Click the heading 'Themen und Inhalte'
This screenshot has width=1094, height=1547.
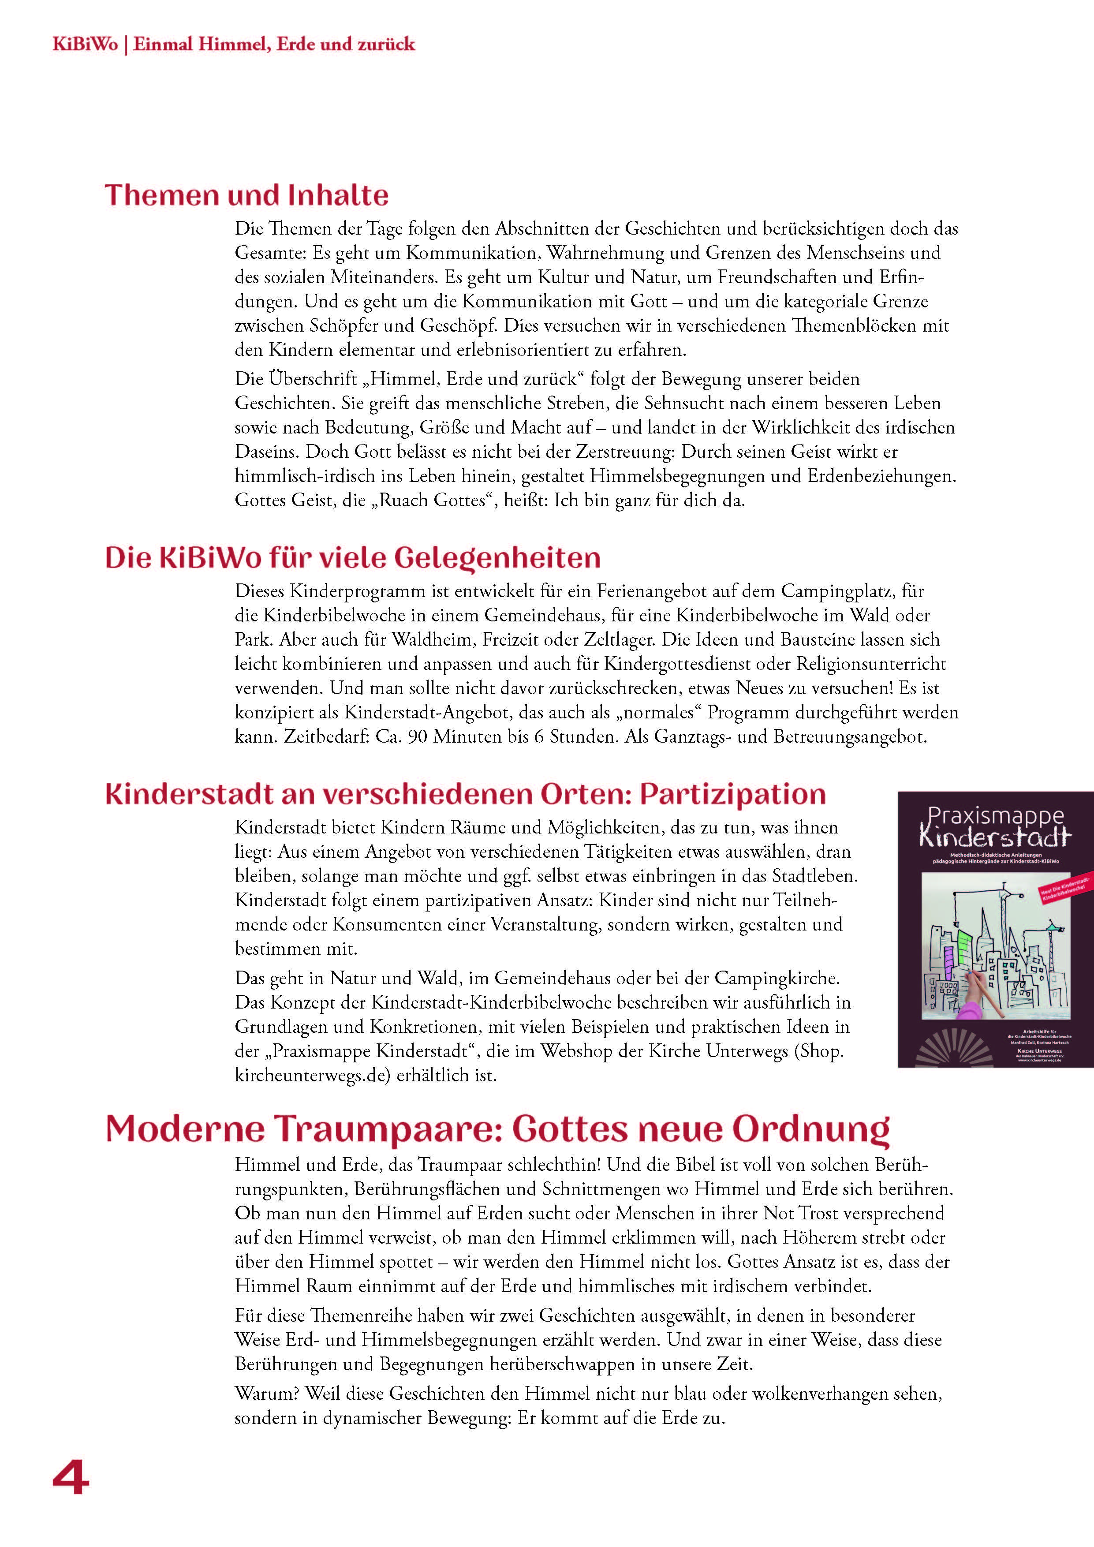click(246, 195)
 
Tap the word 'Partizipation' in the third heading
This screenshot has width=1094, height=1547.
click(732, 794)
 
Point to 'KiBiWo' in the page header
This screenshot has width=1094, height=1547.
click(85, 45)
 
